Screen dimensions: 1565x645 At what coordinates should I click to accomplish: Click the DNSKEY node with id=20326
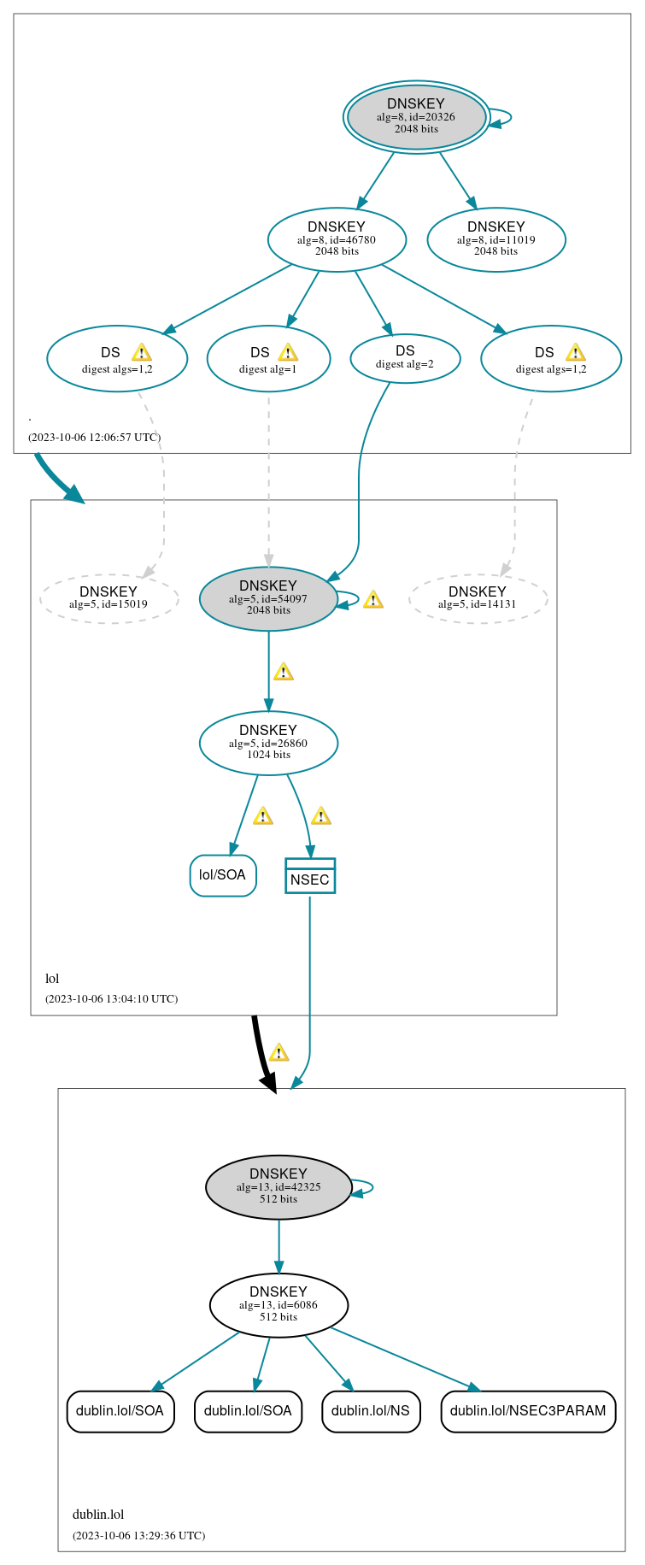pyautogui.click(x=416, y=117)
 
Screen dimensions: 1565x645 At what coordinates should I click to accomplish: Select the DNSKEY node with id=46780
pyautogui.click(x=337, y=239)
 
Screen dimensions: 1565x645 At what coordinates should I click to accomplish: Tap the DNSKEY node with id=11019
pyautogui.click(x=495, y=239)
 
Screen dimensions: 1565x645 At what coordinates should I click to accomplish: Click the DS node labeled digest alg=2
pyautogui.click(x=405, y=357)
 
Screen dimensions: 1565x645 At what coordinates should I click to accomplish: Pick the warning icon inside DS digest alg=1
pyautogui.click(x=288, y=352)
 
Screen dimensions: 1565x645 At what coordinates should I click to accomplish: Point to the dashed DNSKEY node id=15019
pyautogui.click(x=108, y=597)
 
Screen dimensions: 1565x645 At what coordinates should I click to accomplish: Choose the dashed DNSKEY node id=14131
pyautogui.click(x=478, y=597)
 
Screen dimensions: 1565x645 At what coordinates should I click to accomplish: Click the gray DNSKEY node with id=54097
pyautogui.click(x=268, y=598)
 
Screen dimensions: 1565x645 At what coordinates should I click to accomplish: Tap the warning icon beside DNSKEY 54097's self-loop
pyautogui.click(x=372, y=599)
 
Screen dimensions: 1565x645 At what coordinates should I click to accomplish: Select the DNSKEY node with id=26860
pyautogui.click(x=268, y=743)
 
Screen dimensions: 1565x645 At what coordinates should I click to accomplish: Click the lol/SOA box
pyautogui.click(x=223, y=875)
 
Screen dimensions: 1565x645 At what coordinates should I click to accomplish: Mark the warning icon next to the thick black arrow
pyautogui.click(x=279, y=1052)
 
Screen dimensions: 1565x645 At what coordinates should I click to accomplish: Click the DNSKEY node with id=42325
pyautogui.click(x=279, y=1187)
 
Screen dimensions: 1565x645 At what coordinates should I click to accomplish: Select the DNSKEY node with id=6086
pyautogui.click(x=279, y=1305)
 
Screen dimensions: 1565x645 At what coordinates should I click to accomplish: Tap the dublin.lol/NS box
pyautogui.click(x=371, y=1411)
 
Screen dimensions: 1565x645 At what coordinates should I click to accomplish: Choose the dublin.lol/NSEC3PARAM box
pyautogui.click(x=528, y=1411)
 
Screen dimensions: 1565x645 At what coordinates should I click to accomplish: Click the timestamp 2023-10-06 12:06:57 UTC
pyautogui.click(x=94, y=438)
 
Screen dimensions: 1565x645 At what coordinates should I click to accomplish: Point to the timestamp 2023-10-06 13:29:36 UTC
pyautogui.click(x=138, y=1536)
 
